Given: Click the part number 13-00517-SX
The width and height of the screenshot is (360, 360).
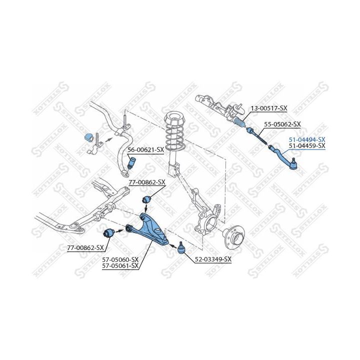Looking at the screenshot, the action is click(268, 108).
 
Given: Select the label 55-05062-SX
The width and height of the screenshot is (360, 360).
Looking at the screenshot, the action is click(282, 124).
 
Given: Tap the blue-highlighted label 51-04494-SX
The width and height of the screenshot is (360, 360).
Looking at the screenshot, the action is click(307, 139).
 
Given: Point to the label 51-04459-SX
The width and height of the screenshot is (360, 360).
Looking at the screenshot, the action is click(307, 145).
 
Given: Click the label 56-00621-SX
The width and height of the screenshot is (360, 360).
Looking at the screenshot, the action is click(146, 150).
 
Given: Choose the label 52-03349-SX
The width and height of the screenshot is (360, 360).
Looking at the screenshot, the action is click(213, 259).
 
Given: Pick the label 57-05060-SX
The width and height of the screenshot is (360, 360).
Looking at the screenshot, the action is click(120, 259).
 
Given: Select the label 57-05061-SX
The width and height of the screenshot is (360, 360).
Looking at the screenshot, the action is click(120, 266).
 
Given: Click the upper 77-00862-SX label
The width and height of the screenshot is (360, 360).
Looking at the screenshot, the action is click(147, 182).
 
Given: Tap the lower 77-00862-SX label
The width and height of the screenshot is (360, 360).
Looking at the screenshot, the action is click(85, 247).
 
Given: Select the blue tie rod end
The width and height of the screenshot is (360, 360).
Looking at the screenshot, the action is click(284, 158).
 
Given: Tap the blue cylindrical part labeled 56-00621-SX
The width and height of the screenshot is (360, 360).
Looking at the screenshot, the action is click(131, 162).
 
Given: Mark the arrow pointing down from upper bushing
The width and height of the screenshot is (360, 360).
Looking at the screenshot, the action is click(146, 208).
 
